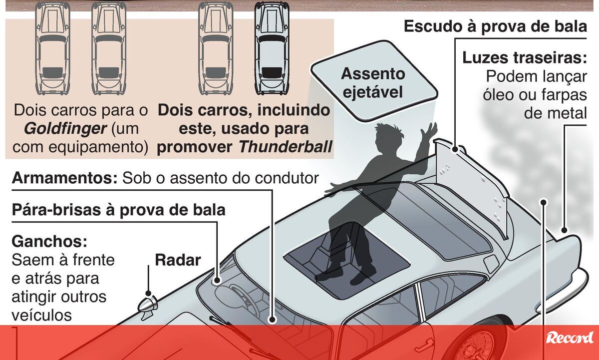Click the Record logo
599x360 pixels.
[x=570, y=338]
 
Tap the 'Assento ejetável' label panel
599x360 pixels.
[x=374, y=81]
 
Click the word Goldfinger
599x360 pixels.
[x=65, y=129]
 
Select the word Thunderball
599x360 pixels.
[x=285, y=147]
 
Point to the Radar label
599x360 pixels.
[x=178, y=260]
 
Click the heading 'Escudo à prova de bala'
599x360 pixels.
[x=495, y=26]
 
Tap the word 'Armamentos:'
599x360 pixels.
[x=65, y=178]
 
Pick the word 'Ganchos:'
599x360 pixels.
[x=49, y=242]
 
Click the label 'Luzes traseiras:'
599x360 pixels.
[x=525, y=57]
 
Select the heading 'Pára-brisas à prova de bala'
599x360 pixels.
[x=118, y=210]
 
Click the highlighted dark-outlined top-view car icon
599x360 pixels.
[x=272, y=48]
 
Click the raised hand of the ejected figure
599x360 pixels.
[x=429, y=130]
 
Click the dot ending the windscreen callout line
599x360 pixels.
[x=217, y=280]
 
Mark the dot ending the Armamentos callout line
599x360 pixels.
[x=272, y=319]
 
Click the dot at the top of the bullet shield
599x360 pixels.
[x=455, y=149]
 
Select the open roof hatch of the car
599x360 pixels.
[x=346, y=260]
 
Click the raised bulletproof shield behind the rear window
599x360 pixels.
[x=471, y=188]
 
